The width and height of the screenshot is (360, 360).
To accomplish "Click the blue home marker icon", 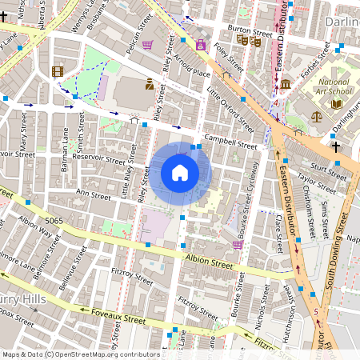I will pyautogui.click(x=180, y=173).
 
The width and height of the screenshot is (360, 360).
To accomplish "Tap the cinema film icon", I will pyautogui.click(x=58, y=71).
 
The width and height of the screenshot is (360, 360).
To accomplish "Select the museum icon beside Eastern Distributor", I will pyautogui.click(x=285, y=84).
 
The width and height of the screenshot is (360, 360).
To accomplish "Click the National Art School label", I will pyautogui.click(x=334, y=87).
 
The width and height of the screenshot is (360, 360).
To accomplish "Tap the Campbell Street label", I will pyautogui.click(x=230, y=142).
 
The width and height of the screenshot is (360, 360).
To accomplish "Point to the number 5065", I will pyautogui.click(x=55, y=218).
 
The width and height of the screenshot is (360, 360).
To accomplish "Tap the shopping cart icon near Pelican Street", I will pyautogui.click(x=148, y=45).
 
